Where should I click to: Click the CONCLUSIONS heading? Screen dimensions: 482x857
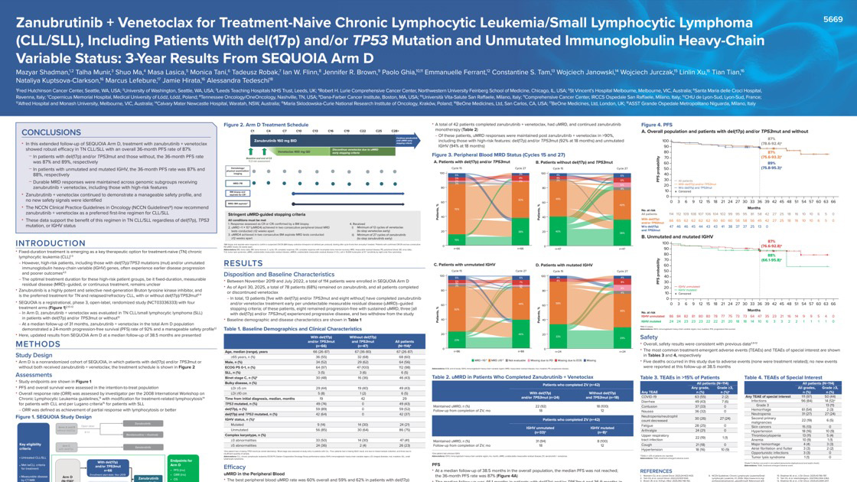tap(53, 132)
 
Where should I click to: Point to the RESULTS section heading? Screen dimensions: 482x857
tap(243, 262)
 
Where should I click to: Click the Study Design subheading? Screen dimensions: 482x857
tap(34, 355)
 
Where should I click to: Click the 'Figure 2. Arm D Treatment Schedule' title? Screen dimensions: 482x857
tap(266, 124)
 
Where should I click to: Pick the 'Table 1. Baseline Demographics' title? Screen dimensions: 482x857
tap(273, 328)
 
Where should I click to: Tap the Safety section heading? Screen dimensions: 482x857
tap(649, 337)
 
